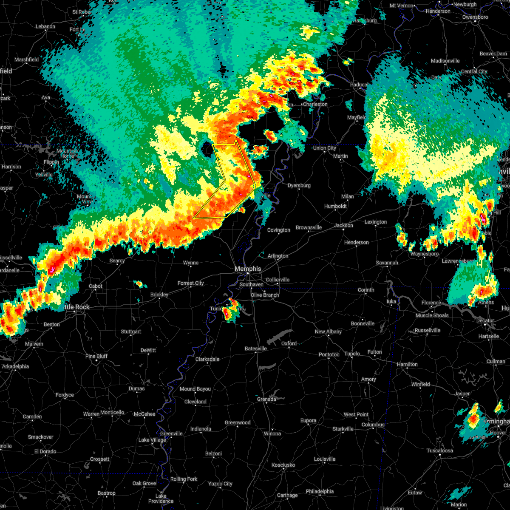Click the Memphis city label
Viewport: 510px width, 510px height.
click(248, 269)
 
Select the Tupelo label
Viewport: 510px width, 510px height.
click(352, 354)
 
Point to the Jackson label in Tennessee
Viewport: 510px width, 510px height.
click(343, 226)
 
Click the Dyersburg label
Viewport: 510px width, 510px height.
click(299, 186)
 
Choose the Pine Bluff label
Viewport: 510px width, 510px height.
click(96, 356)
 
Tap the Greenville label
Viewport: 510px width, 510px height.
click(171, 434)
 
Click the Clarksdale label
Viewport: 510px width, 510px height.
click(207, 359)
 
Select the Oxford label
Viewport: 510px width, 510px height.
click(289, 343)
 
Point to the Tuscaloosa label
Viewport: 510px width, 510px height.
click(440, 451)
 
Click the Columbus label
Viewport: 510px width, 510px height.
click(373, 425)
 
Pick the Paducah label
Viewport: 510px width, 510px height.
click(359, 85)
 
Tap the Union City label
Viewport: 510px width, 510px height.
click(324, 148)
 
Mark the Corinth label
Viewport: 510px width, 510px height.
click(366, 290)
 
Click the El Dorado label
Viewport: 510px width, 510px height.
click(45, 451)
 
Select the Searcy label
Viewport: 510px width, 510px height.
click(117, 261)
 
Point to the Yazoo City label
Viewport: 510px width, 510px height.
click(221, 484)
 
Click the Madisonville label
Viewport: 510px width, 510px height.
click(445, 61)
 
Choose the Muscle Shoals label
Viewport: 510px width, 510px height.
click(432, 315)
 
